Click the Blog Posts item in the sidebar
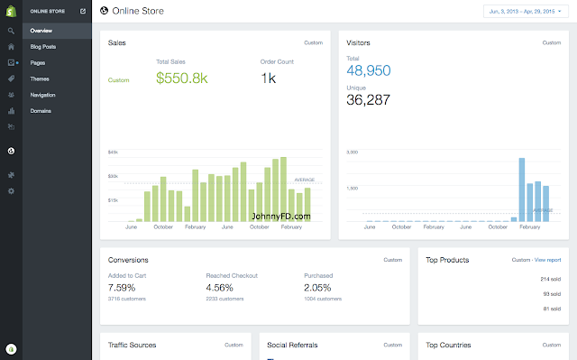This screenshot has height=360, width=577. point(42,46)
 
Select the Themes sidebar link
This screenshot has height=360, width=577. point(40,78)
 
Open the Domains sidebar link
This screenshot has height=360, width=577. point(41,111)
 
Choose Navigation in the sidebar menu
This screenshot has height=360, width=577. point(43,95)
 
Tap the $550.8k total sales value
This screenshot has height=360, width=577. point(183,78)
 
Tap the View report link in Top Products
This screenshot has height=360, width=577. point(548,260)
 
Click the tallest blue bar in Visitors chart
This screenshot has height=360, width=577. point(521,189)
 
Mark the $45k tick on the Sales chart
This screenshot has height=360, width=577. point(113,152)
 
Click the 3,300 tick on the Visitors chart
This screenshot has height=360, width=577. point(353,152)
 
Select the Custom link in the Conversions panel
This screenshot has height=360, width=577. point(392,260)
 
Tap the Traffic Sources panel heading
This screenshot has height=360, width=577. point(132,345)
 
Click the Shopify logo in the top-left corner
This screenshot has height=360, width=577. point(11,11)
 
